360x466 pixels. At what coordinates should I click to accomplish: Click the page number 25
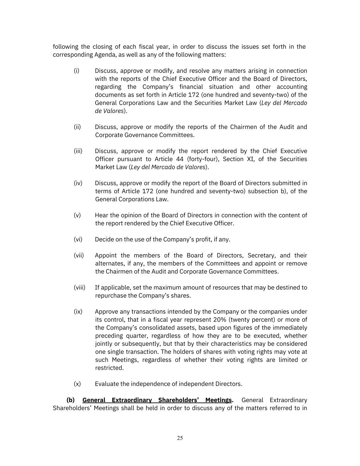tap(180, 438)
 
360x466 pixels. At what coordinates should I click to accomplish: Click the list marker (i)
tap(76, 71)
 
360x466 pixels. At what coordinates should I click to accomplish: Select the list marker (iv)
tap(78, 183)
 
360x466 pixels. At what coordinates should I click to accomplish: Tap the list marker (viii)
tap(80, 287)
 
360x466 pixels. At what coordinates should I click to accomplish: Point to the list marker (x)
tap(77, 384)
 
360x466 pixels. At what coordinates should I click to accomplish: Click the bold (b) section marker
tap(71, 400)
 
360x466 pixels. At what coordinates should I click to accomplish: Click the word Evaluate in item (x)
tap(107, 384)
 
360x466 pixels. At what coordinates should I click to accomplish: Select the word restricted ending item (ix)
tap(109, 368)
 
